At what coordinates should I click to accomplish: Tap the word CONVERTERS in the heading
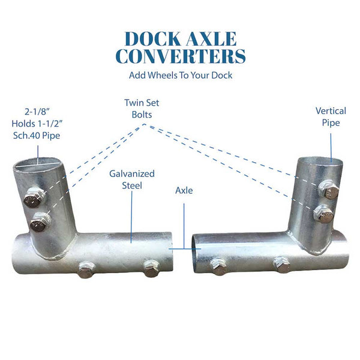click(x=180, y=56)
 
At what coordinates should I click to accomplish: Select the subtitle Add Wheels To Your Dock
click(x=180, y=76)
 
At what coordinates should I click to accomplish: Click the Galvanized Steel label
click(x=131, y=179)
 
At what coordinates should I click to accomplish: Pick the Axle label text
click(x=184, y=191)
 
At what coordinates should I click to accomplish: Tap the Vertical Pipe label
click(x=331, y=117)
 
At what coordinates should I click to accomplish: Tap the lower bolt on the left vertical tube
click(x=39, y=223)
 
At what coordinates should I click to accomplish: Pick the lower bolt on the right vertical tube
click(x=324, y=214)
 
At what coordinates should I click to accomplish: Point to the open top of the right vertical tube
click(x=322, y=160)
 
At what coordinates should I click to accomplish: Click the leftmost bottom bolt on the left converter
click(x=85, y=269)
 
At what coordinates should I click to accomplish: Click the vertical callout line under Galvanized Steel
click(x=131, y=216)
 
